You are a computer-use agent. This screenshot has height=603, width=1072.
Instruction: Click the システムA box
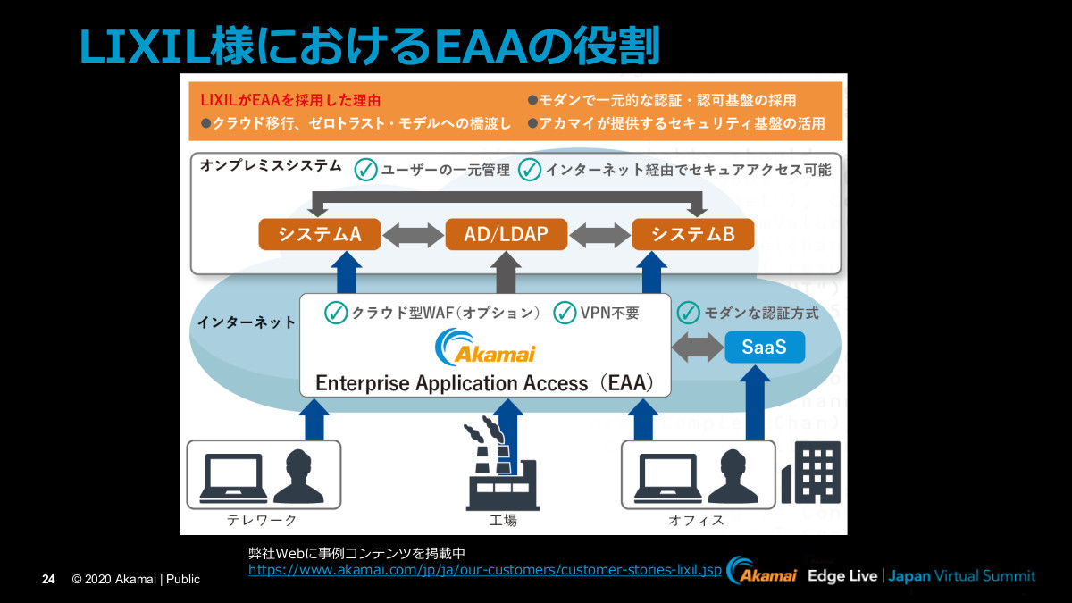click(319, 234)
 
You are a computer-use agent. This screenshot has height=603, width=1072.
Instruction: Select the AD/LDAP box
click(506, 234)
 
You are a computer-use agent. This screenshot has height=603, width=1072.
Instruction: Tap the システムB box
click(693, 234)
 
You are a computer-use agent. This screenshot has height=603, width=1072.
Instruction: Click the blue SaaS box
click(764, 347)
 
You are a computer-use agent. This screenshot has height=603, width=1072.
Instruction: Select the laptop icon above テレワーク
click(231, 478)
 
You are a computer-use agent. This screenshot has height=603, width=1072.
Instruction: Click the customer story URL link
click(484, 569)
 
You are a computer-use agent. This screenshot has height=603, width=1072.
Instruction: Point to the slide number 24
click(49, 580)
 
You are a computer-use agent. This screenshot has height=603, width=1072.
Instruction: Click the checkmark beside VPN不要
click(565, 313)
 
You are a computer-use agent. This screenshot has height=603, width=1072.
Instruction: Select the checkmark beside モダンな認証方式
click(688, 313)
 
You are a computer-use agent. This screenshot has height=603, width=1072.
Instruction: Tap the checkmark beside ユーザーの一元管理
click(365, 169)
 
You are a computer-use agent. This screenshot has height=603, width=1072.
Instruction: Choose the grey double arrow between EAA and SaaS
click(698, 347)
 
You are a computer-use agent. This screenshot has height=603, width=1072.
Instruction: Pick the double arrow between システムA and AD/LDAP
click(414, 235)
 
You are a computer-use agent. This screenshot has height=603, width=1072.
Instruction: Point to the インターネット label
click(247, 322)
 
